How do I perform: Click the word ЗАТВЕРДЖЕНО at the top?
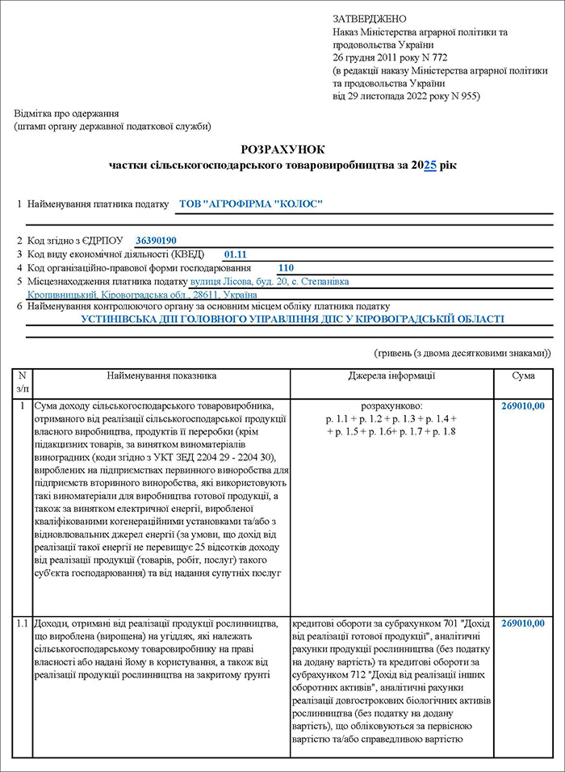point(370,19)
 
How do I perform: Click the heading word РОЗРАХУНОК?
point(282,149)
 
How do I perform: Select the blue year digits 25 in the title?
point(430,165)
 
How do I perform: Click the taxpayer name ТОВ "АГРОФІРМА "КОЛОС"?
point(250,204)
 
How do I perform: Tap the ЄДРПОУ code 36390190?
point(156,241)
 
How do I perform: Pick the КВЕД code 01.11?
point(235,254)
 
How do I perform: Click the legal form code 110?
point(287,267)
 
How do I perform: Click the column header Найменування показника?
point(162,376)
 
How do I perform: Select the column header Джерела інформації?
point(391,376)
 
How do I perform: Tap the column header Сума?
point(523,376)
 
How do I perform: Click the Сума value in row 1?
point(523,406)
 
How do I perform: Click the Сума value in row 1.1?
point(523,623)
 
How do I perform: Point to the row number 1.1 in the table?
point(22,623)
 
